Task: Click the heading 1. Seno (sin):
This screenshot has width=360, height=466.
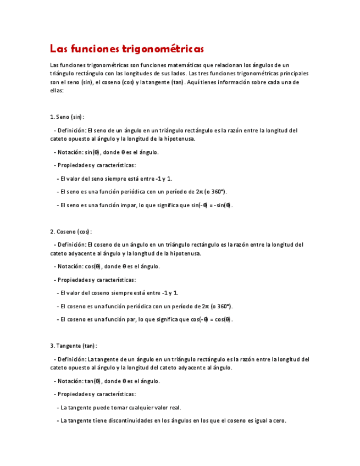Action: pos(67,117)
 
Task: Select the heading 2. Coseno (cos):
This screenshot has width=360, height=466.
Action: pos(71,232)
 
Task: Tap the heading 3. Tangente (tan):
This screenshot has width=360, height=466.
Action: pos(73,346)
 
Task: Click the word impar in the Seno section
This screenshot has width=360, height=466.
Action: pos(135,205)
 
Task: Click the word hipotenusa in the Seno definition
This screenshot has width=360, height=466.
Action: pos(177,139)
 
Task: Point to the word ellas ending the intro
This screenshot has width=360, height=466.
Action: pos(57,91)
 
